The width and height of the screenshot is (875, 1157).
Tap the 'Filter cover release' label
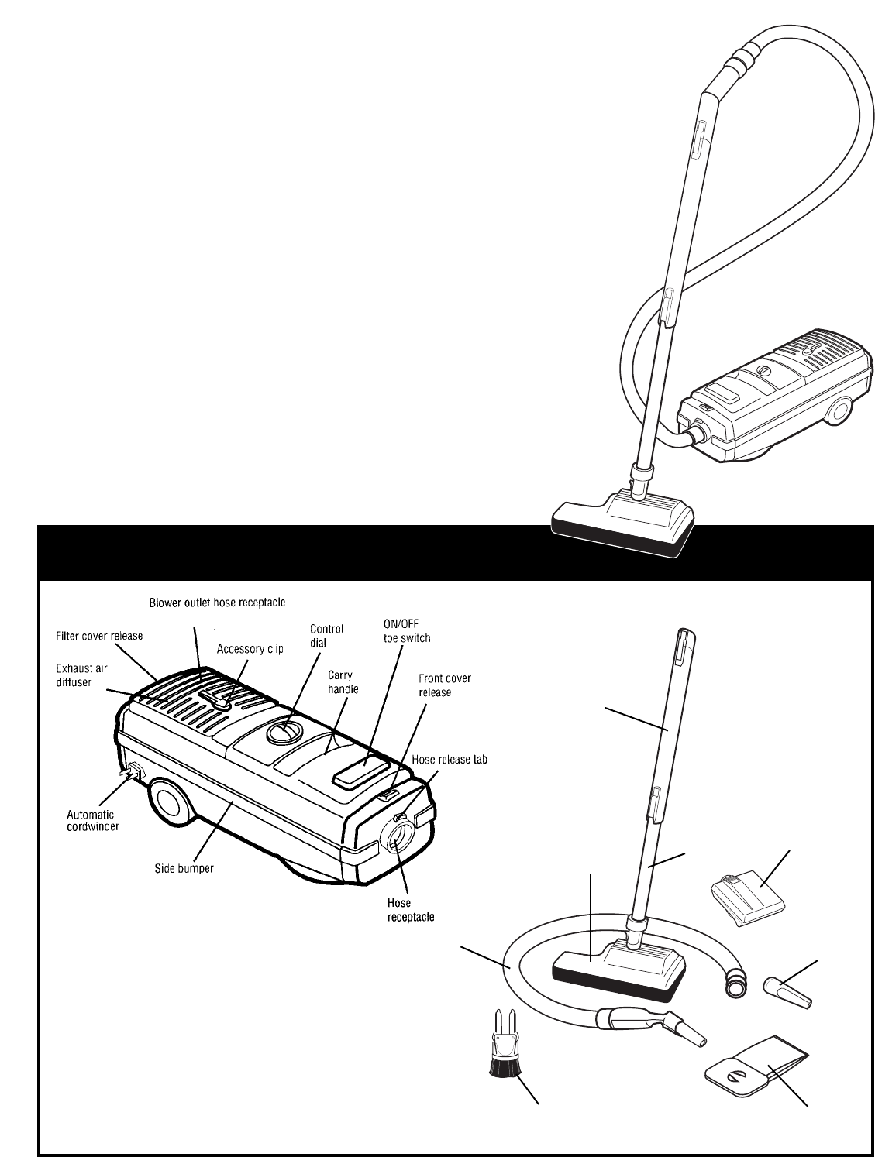98,636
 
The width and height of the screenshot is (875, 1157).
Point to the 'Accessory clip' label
250,649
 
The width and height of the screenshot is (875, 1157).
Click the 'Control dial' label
326,635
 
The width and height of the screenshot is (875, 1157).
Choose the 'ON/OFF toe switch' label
407,632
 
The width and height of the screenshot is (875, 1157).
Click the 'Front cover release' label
445,685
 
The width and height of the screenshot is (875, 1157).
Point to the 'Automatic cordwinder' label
90,820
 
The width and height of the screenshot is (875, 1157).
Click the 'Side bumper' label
183,868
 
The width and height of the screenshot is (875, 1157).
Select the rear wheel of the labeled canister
172,805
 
